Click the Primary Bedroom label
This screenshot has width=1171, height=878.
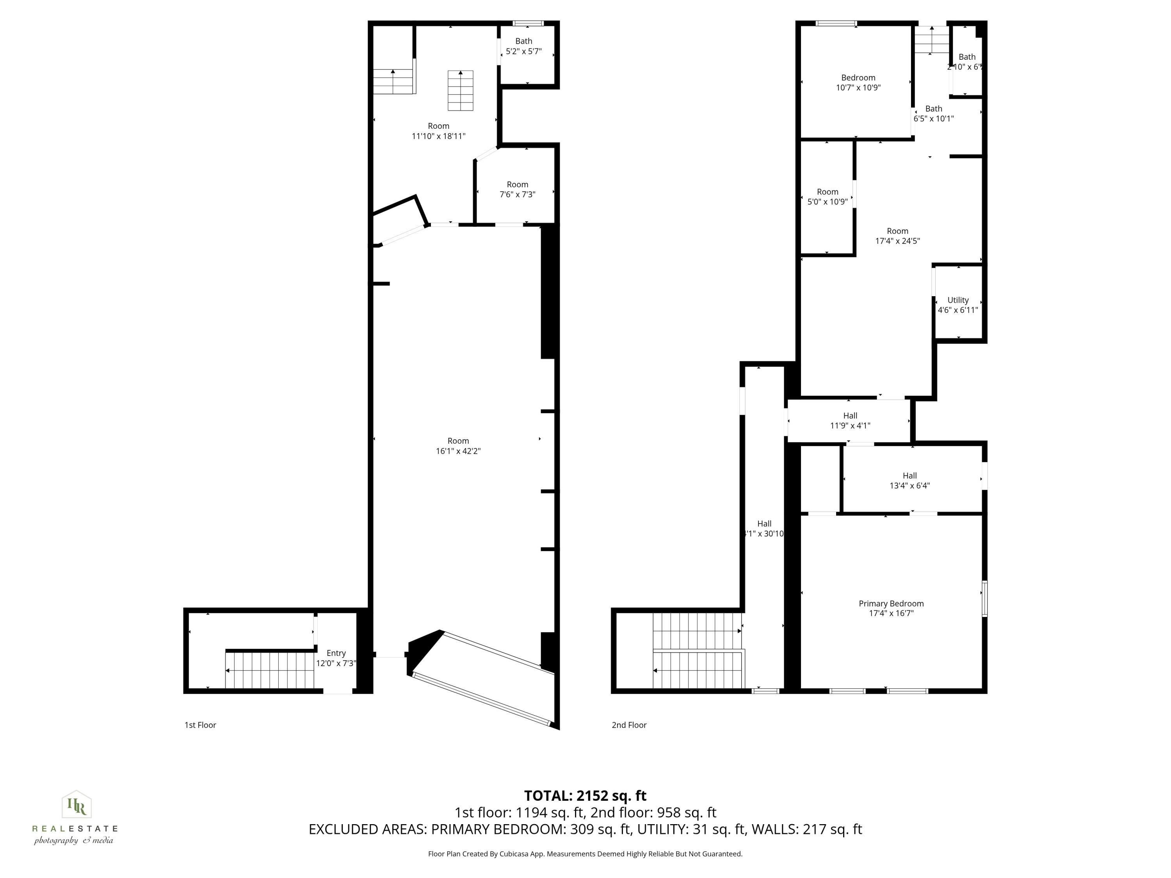[x=891, y=604]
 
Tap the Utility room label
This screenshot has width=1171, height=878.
[x=957, y=300]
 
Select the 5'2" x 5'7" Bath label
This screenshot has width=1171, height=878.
[x=523, y=46]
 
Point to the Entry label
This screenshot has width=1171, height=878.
[x=336, y=654]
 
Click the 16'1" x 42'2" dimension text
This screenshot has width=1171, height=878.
[x=458, y=451]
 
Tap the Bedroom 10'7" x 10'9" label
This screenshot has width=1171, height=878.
[x=858, y=83]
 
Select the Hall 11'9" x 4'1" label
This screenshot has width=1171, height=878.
[x=850, y=421]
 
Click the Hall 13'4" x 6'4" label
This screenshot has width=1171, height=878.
[x=909, y=480]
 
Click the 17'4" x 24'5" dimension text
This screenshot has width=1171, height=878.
[x=897, y=241]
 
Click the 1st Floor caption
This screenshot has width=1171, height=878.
[x=200, y=725]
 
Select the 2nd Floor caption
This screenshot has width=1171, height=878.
[x=629, y=725]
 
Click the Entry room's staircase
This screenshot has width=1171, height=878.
[x=270, y=670]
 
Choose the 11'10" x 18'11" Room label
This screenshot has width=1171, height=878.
[x=438, y=131]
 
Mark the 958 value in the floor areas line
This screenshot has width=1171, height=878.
[x=669, y=813]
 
